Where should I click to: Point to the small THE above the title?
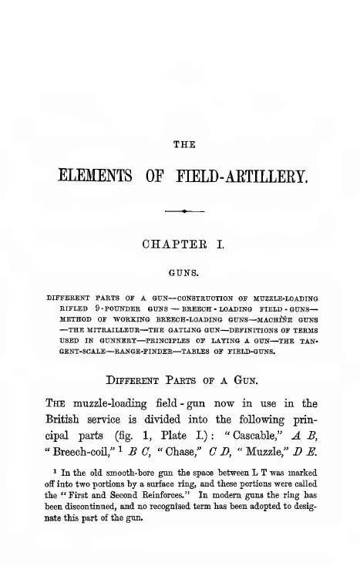pos(185,144)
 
